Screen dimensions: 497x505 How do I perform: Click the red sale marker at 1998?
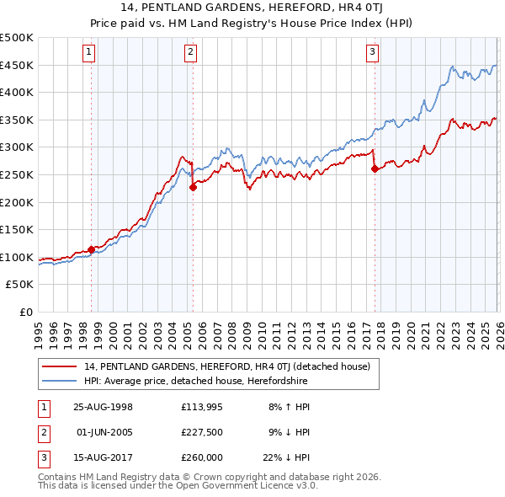(x=91, y=249)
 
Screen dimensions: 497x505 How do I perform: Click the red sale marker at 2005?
(x=193, y=187)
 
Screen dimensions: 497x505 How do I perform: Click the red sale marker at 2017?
(x=374, y=169)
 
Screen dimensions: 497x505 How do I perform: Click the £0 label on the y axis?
(x=27, y=312)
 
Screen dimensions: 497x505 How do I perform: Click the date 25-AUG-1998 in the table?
(x=103, y=406)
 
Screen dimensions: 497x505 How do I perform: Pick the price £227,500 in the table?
(x=202, y=432)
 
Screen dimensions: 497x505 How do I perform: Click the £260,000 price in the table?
(x=202, y=459)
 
